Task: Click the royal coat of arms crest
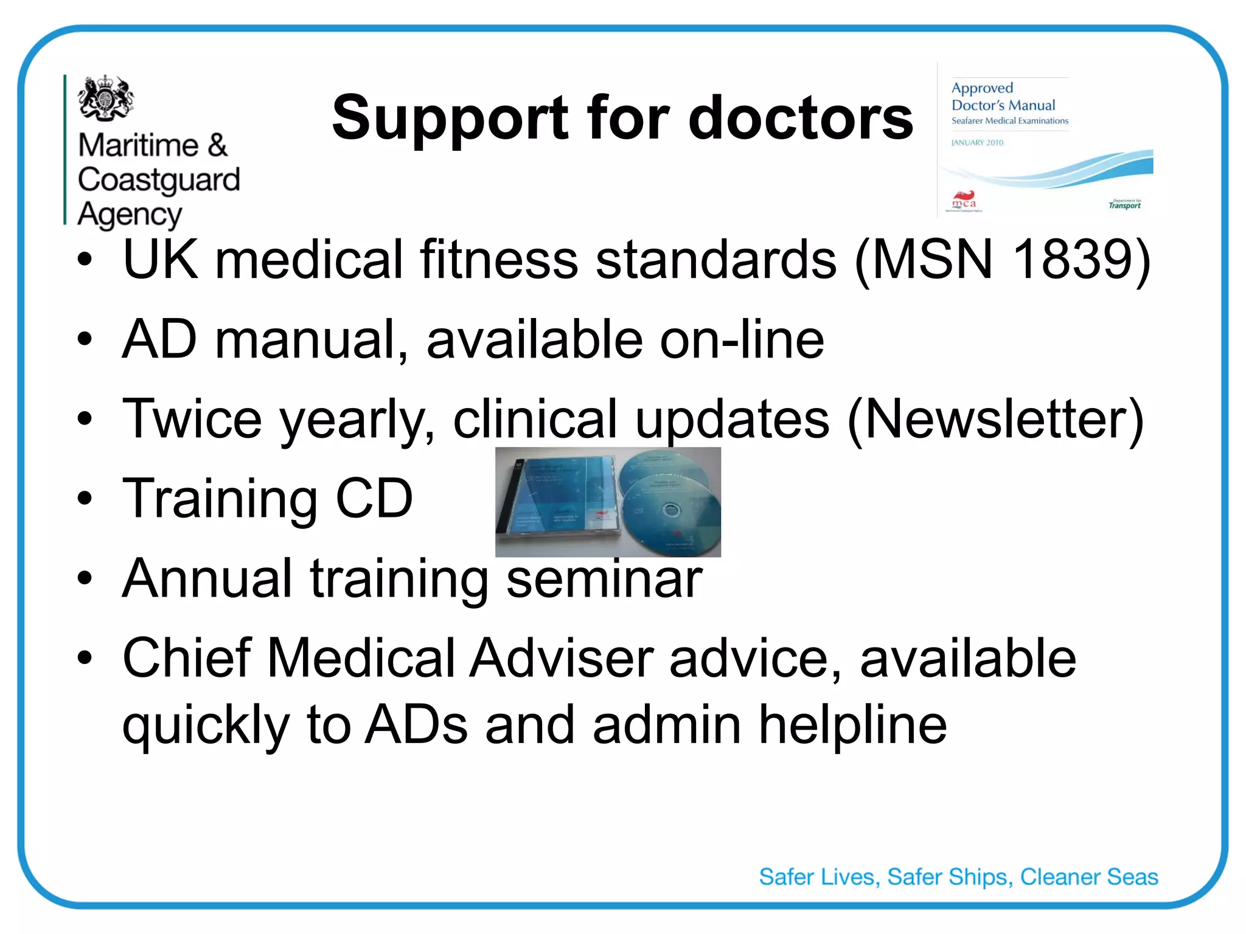[x=106, y=97]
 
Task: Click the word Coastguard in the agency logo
[x=159, y=180]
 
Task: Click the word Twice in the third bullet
[x=192, y=419]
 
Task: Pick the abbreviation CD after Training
[x=374, y=499]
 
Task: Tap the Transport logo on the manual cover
[x=1124, y=205]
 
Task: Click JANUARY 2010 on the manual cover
[x=977, y=143]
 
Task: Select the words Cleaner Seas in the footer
[x=1089, y=877]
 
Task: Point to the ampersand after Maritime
[x=217, y=146]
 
